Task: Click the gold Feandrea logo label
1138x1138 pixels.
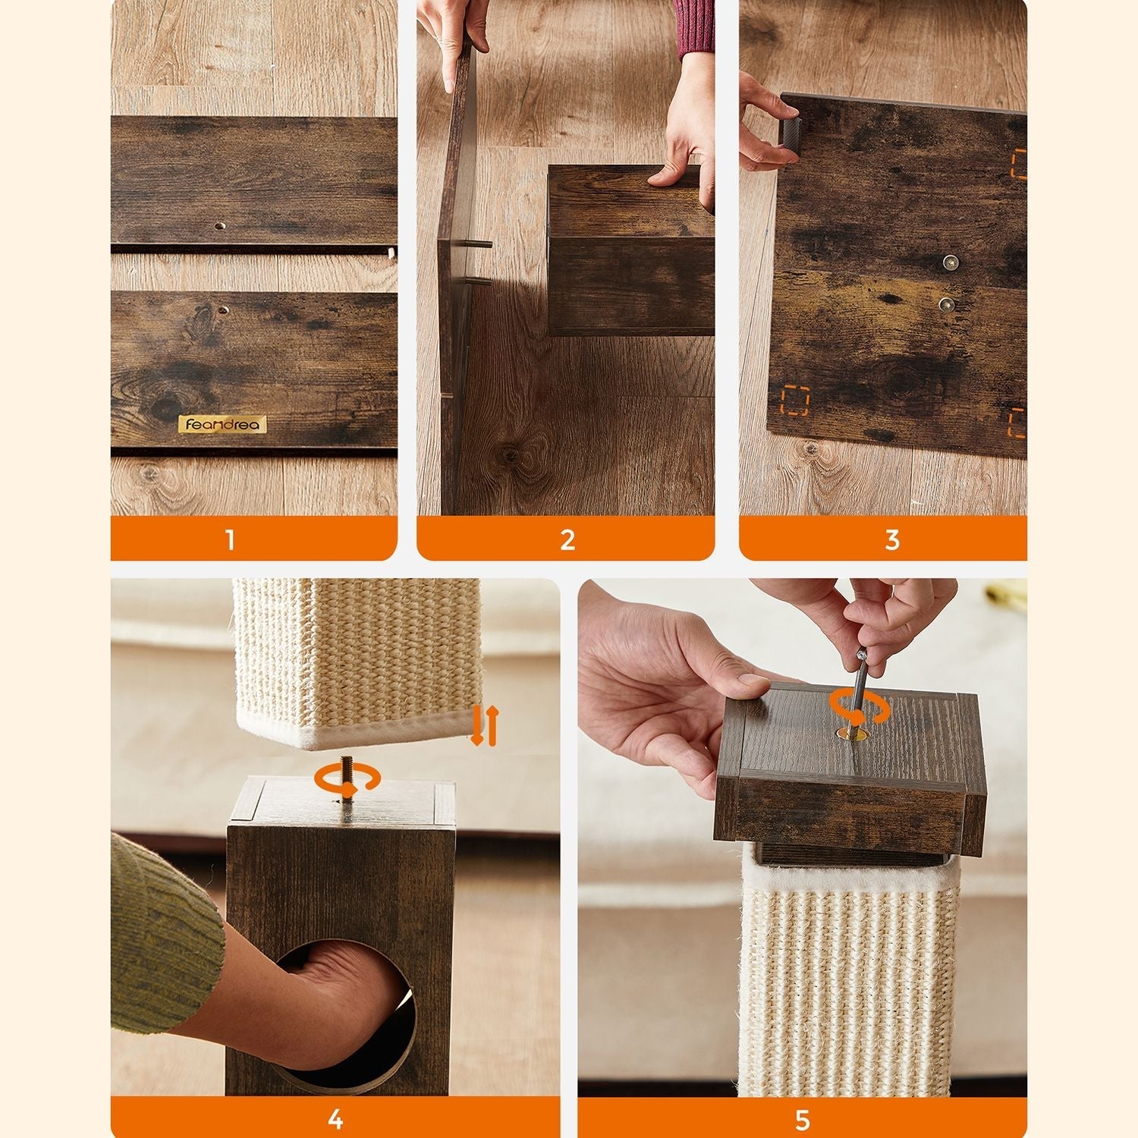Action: pos(222,424)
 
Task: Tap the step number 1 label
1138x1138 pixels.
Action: pos(230,540)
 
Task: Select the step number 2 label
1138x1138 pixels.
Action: pos(567,540)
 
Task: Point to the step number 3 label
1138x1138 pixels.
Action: pos(892,540)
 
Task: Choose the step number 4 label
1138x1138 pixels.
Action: pos(335,1120)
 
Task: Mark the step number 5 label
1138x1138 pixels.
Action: pos(803,1120)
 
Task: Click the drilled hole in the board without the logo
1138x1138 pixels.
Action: pos(219,226)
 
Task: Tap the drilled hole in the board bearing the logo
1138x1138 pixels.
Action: pos(225,310)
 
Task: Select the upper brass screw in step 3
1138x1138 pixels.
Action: pos(950,263)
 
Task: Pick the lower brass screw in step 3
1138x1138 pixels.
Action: pos(945,305)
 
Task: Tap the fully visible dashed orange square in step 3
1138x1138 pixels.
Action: pos(795,401)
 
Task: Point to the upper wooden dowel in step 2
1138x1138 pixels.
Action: pos(481,244)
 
